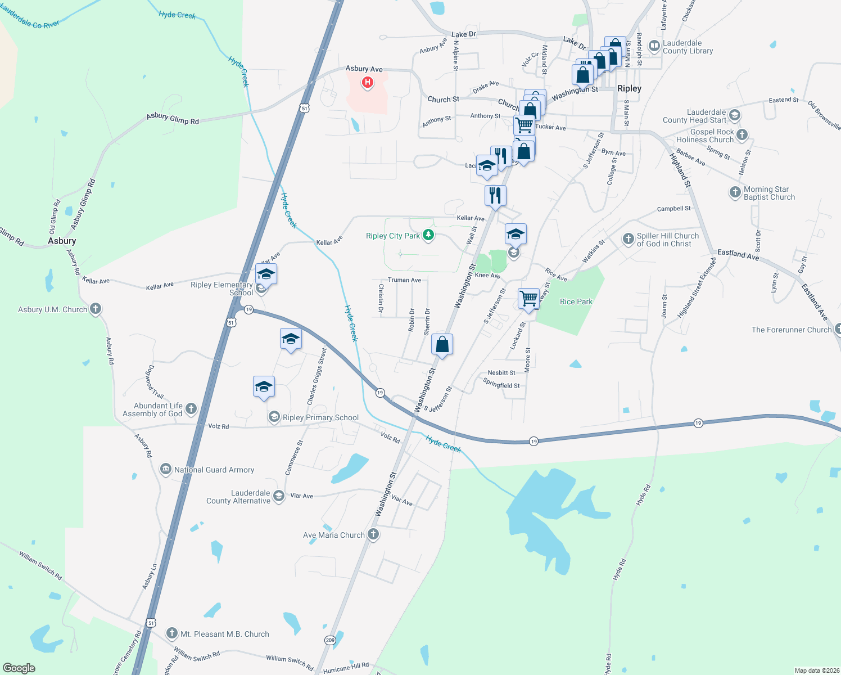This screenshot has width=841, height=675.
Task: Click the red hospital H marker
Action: (368, 83)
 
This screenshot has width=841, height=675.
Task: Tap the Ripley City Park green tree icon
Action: (428, 235)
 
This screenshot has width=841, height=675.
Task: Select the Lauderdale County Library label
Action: (688, 47)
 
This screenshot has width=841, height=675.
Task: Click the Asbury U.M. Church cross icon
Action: (96, 309)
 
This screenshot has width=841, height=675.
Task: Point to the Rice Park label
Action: (576, 302)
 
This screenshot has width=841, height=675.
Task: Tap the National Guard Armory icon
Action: (165, 469)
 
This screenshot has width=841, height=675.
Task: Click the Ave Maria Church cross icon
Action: (373, 534)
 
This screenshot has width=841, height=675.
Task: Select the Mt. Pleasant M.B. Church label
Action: (224, 634)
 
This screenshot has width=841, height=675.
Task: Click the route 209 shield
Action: (330, 640)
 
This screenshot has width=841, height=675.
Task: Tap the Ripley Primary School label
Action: (320, 417)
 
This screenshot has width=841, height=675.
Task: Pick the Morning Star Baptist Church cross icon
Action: (735, 192)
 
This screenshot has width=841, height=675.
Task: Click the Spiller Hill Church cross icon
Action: (628, 239)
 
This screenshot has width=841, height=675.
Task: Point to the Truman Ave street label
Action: (404, 280)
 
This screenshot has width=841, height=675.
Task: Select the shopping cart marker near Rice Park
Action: (528, 299)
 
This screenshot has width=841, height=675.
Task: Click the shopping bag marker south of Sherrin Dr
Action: (442, 344)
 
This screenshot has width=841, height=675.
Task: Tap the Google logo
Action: (19, 668)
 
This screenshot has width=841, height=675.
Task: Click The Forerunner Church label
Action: (791, 330)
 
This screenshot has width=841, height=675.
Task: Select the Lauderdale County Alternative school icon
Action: (279, 496)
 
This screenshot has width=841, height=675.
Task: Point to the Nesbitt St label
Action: (501, 372)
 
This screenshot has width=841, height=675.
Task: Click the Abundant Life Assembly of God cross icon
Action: (191, 409)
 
